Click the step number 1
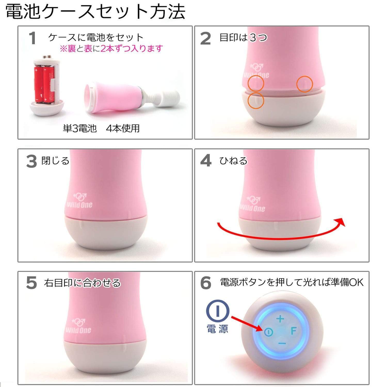click(x=32, y=38)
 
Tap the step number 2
click(x=206, y=39)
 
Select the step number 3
click(x=32, y=162)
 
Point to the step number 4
click(x=206, y=161)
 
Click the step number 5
click(x=32, y=283)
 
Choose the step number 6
click(x=206, y=283)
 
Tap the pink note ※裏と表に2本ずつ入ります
click(x=111, y=49)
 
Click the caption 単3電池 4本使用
click(x=101, y=128)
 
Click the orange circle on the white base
click(x=256, y=100)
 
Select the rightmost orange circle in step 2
click(x=304, y=84)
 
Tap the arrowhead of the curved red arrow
click(x=341, y=222)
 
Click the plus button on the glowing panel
click(x=280, y=319)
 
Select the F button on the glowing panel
click(x=293, y=331)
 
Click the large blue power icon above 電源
click(x=218, y=311)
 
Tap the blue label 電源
click(x=217, y=329)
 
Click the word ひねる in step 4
click(x=233, y=161)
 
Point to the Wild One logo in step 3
click(x=80, y=201)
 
